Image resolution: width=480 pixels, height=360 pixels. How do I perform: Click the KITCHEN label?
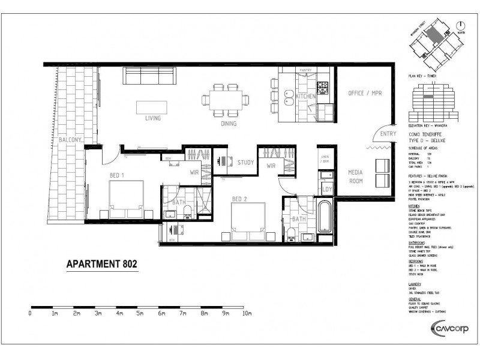305,96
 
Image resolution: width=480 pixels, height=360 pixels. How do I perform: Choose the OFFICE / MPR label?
366,94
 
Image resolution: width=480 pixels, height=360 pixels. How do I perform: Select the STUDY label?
246,163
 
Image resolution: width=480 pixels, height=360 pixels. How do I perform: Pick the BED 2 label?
241,196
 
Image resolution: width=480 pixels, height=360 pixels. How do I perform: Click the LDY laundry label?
328,190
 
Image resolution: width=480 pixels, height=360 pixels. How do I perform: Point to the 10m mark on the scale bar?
246,313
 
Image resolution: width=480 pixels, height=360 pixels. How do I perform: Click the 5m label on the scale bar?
140,313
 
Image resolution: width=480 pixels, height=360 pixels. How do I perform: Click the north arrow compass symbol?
460,26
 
